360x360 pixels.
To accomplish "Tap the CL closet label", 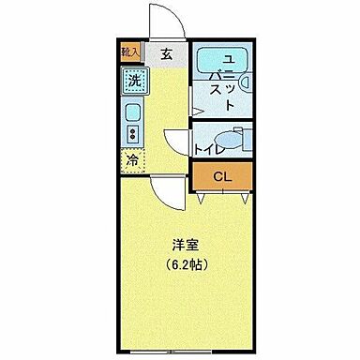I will [221, 176].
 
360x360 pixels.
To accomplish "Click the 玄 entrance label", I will [166, 52].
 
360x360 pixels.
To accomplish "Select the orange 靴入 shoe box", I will [129, 53].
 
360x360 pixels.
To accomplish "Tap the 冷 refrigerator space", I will [132, 160].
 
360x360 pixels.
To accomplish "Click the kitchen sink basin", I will [132, 114].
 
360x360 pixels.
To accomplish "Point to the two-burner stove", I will [132, 136].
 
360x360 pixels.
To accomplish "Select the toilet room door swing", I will [176, 141].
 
